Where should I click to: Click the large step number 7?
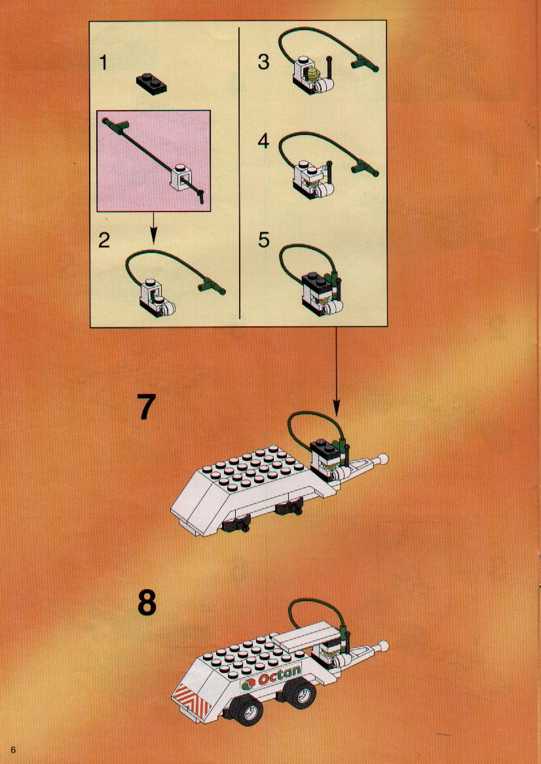(x=145, y=407)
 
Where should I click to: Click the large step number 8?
(x=147, y=603)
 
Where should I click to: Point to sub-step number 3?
(x=264, y=62)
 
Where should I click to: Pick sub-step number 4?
(x=264, y=141)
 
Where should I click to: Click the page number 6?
(x=12, y=750)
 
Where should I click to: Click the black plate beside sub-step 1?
(x=152, y=82)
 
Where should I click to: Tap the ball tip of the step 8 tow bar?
(x=384, y=646)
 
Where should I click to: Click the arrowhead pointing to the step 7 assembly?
(x=336, y=408)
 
